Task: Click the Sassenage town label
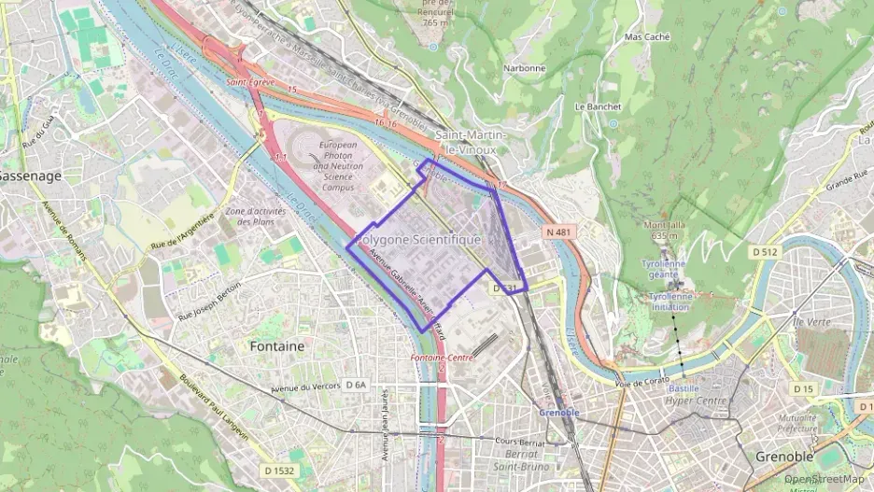30,176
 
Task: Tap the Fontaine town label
277,345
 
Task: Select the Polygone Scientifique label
419,240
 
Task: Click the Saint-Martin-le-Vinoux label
470,142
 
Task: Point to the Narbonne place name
525,68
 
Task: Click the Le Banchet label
598,106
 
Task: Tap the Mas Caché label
646,37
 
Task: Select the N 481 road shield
557,230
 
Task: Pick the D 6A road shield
356,385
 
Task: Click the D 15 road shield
803,388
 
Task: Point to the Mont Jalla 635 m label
664,230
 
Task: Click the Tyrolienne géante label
664,269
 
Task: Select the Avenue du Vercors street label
302,387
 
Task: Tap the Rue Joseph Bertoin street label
210,300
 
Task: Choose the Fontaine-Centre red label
440,358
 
